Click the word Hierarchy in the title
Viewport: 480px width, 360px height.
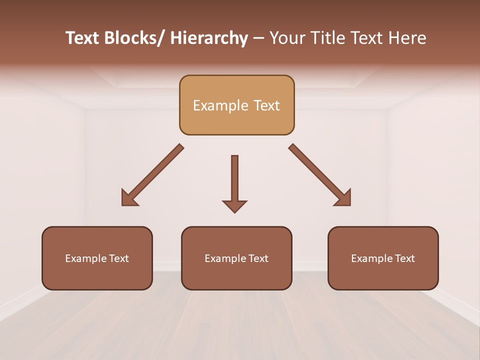point(209,38)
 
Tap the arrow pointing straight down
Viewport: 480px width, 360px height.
point(234,180)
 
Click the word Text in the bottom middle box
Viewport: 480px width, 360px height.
point(258,258)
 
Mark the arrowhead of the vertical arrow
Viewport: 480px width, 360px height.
point(234,205)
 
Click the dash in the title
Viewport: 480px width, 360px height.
point(258,38)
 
